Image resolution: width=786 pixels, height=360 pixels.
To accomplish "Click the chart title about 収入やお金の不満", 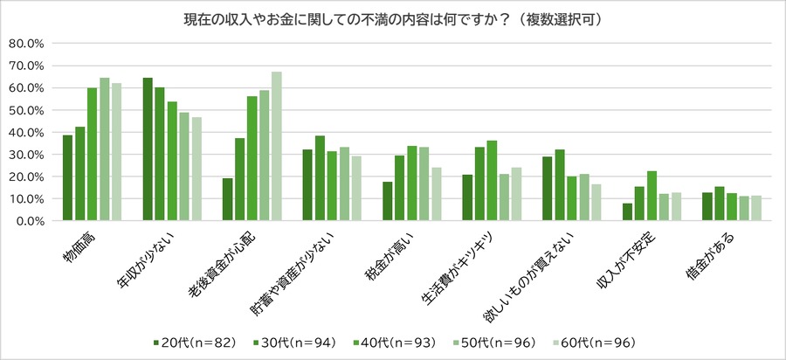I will click(393, 18).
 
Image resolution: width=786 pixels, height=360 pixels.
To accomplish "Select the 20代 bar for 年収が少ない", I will click(148, 149).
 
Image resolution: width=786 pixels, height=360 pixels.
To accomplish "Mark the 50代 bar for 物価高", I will click(104, 149).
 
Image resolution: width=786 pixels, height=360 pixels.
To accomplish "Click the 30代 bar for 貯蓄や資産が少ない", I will click(320, 178).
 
